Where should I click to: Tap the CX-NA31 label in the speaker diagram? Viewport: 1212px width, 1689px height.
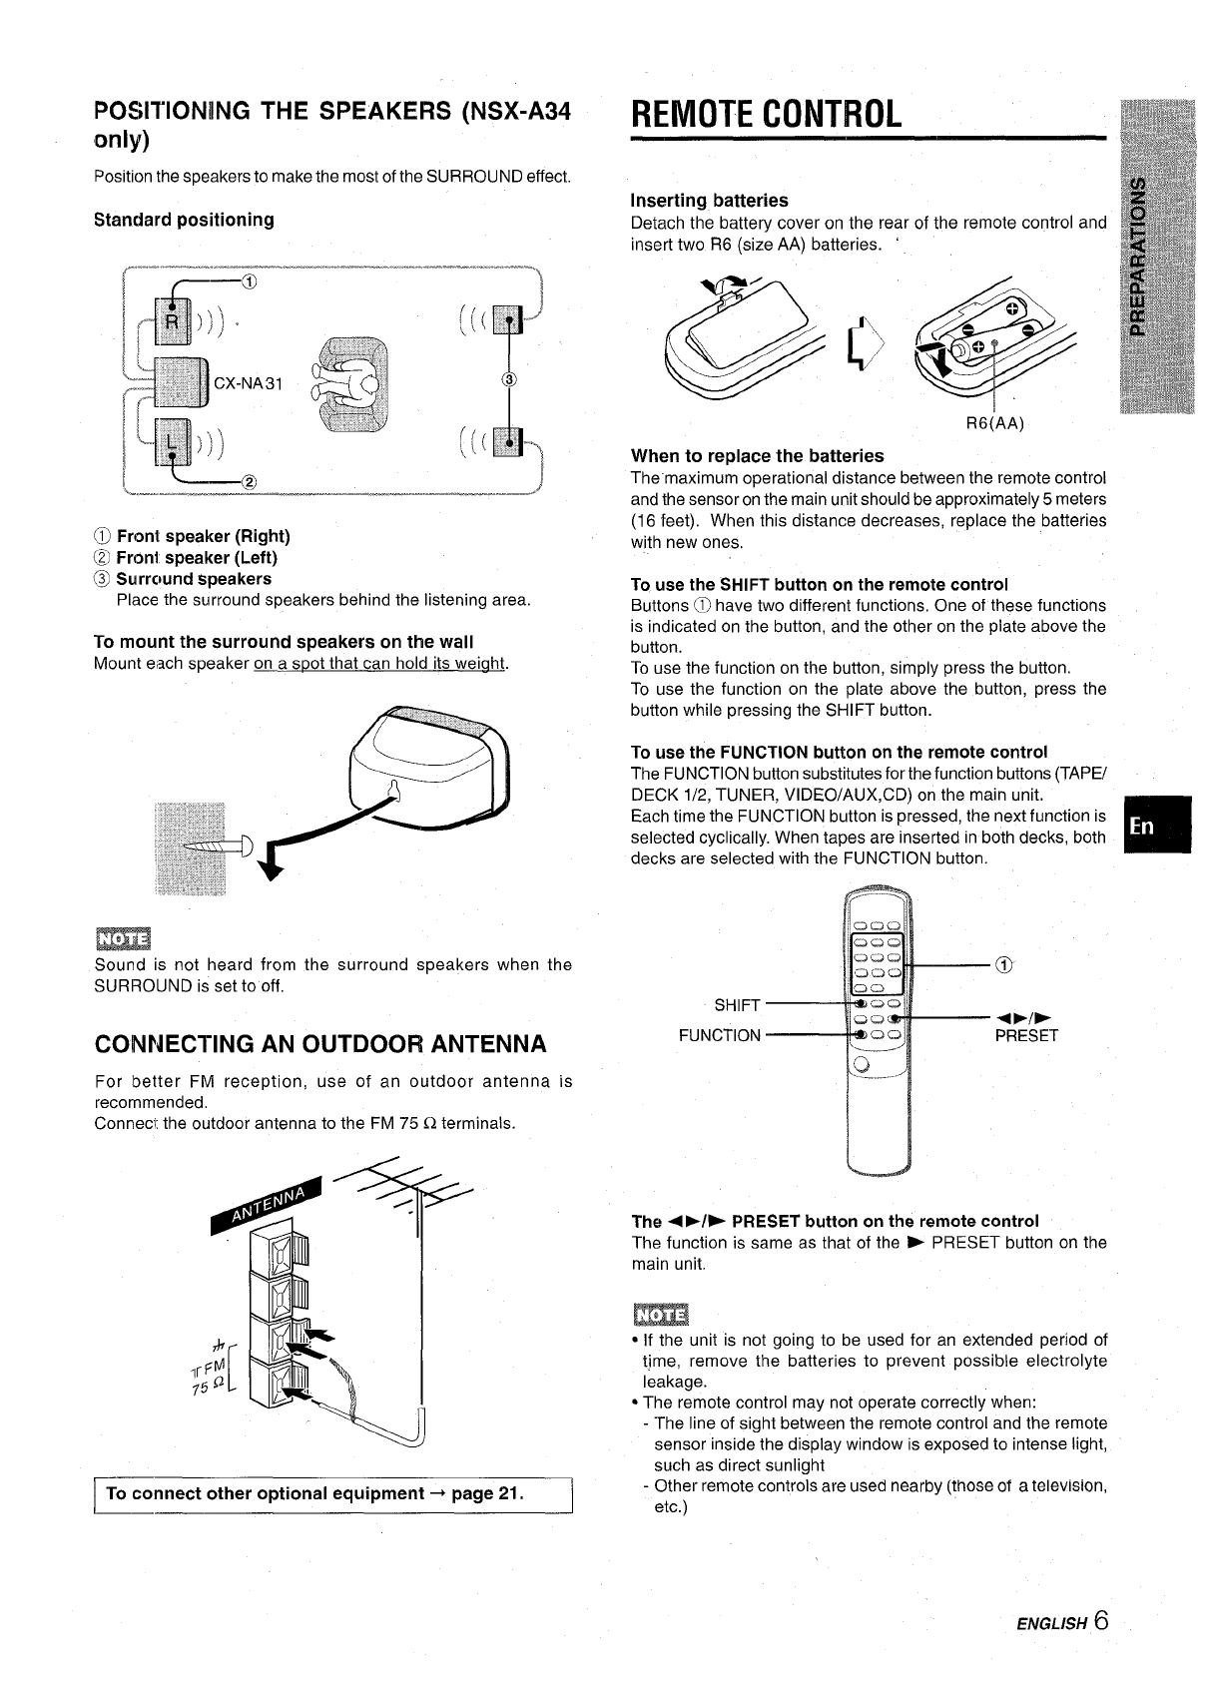[249, 381]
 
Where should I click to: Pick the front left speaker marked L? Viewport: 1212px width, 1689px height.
[172, 442]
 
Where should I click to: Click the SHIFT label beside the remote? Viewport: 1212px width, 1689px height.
[737, 1004]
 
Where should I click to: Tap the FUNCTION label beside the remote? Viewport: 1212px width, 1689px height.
[719, 1035]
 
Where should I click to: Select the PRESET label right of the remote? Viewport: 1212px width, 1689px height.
[1025, 1035]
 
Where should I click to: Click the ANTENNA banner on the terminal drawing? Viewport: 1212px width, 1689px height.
[268, 1205]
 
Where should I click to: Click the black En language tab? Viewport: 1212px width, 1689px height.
[1156, 825]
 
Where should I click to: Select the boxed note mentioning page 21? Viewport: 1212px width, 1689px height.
[331, 1493]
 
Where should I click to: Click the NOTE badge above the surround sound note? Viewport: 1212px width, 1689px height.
[121, 938]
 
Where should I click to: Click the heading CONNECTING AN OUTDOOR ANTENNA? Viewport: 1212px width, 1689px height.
[320, 1044]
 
